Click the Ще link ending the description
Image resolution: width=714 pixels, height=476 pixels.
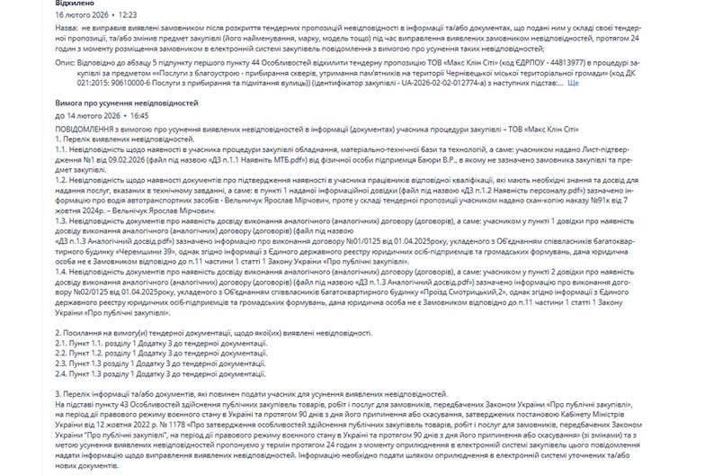click(x=572, y=82)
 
